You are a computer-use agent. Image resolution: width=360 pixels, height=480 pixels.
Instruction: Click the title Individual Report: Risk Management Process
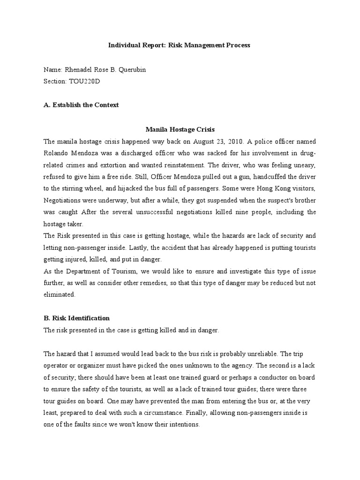coord(180,45)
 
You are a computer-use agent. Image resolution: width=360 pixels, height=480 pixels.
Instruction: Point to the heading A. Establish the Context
coord(81,105)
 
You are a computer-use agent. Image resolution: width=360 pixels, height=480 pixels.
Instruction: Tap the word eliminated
coord(60,295)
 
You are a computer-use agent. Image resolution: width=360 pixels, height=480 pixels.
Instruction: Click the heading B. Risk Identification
coord(76,318)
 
